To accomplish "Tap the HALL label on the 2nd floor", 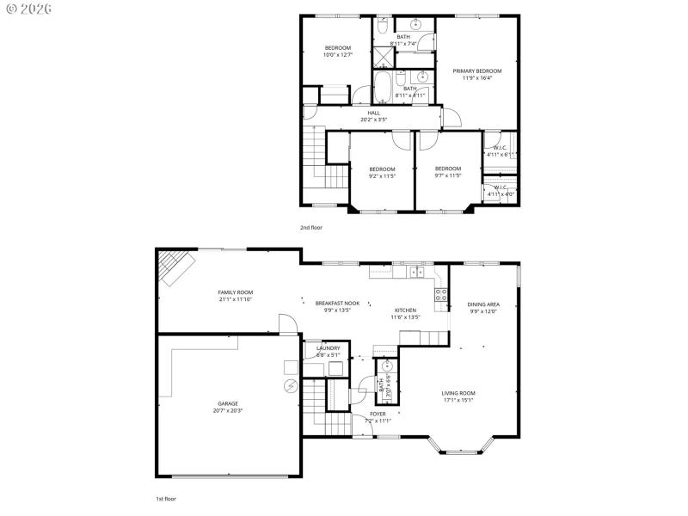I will (374, 113).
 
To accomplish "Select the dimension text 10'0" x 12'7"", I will (337, 55).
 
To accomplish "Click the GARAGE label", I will (228, 403).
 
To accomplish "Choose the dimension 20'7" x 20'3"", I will (228, 410).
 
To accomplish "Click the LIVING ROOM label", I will (459, 393).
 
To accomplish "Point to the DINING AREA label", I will (483, 304).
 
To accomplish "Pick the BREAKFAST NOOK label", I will (337, 304).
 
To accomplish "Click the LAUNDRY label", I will (328, 347).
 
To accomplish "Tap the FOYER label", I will (378, 414).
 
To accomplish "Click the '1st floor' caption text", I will (166, 498).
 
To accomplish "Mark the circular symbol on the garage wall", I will (290, 386).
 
